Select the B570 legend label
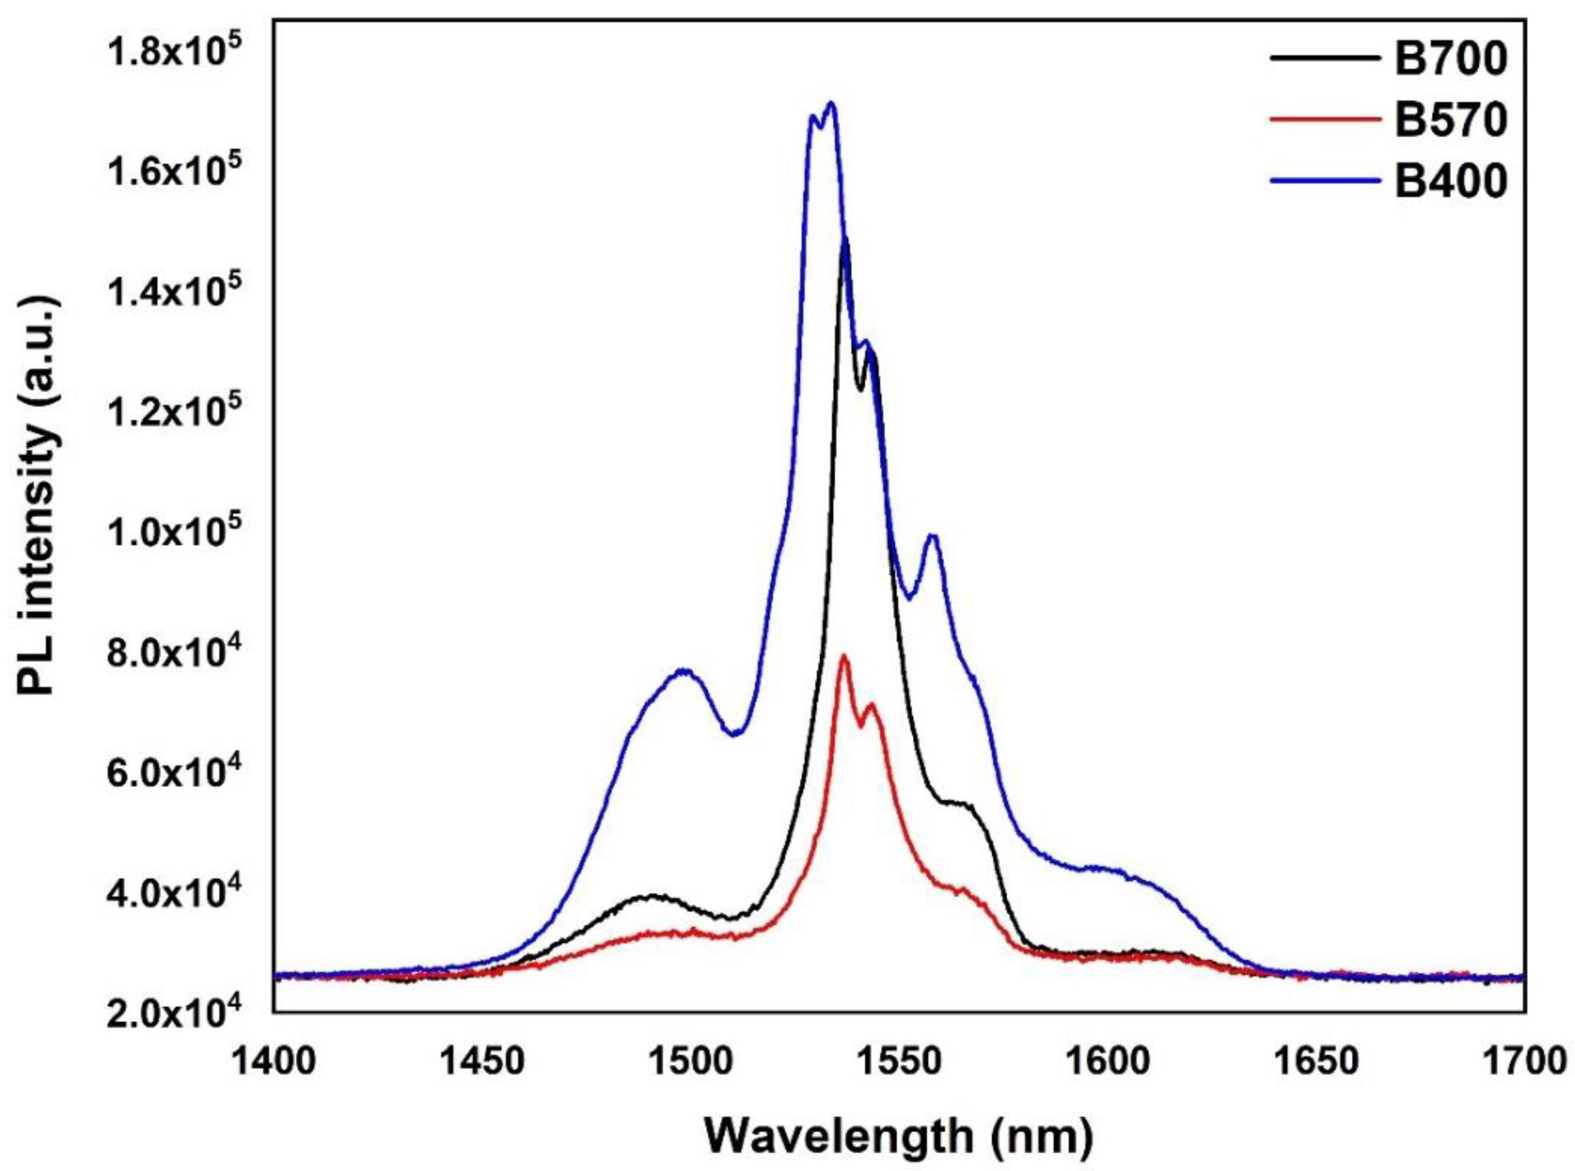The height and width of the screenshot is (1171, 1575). point(1450,121)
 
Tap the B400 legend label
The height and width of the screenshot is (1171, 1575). point(1450,181)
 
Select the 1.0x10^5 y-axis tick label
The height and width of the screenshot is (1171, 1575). point(174,529)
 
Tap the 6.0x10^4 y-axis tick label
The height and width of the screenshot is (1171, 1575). point(174,770)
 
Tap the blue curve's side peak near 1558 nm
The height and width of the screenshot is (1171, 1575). point(933,536)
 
